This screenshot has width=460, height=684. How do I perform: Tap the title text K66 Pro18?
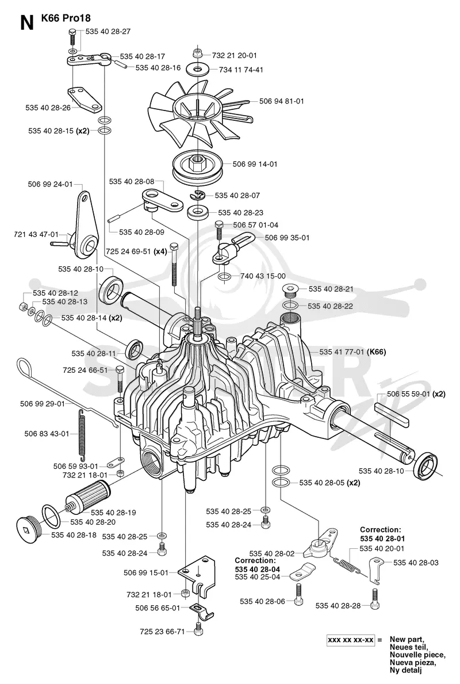tap(66, 18)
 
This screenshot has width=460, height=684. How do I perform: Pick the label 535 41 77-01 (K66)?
tap(352, 351)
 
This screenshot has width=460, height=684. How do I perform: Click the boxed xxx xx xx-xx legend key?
tap(351, 640)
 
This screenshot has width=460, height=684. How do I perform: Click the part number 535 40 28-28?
tap(338, 606)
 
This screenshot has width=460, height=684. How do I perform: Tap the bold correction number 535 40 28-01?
tap(382, 538)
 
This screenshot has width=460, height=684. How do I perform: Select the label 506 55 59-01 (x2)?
tap(416, 394)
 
